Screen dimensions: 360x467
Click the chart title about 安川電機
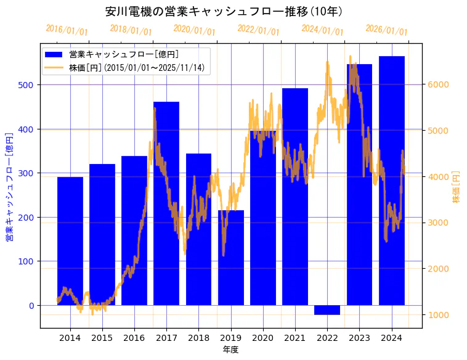[x=224, y=12]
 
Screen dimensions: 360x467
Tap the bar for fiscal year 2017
[x=166, y=203]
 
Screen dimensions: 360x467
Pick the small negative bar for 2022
[x=327, y=310]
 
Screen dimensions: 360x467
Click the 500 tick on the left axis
[x=30, y=85]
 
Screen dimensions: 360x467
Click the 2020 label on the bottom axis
[x=263, y=337]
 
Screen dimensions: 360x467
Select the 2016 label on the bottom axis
[x=134, y=337]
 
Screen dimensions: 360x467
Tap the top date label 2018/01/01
[x=131, y=30]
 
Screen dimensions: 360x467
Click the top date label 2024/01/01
[x=322, y=30]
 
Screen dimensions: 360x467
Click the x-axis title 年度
[x=231, y=350]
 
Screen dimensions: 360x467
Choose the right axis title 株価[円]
[x=457, y=188]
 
